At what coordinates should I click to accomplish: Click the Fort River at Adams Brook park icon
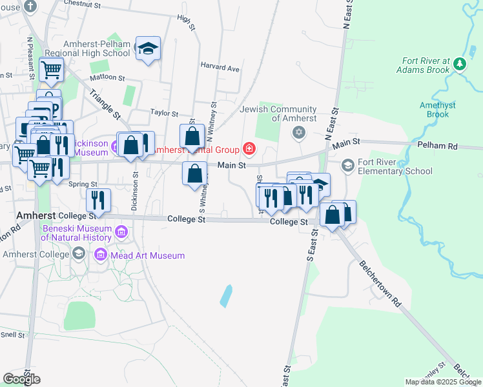459,63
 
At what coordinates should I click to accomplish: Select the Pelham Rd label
437,146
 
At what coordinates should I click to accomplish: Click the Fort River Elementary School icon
348,166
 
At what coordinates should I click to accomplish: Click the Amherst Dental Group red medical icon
249,150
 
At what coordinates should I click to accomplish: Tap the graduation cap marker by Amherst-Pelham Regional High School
149,50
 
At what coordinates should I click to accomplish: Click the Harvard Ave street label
220,67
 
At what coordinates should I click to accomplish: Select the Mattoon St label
107,77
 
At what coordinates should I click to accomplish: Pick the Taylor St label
164,112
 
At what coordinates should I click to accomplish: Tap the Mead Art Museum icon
101,255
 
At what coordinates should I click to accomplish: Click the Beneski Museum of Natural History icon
121,232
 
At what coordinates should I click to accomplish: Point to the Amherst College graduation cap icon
78,253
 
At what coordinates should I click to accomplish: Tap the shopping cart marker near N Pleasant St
51,68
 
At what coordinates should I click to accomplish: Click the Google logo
21,379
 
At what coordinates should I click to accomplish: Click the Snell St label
12,335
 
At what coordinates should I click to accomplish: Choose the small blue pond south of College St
225,295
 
